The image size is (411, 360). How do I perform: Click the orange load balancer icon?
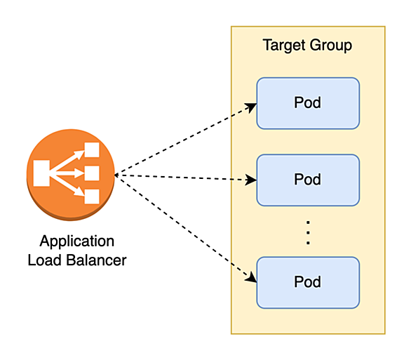tap(71, 175)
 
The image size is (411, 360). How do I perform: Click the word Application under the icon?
tap(77, 241)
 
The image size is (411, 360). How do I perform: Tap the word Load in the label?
tap(44, 260)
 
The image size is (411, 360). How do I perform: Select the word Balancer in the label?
tap(96, 260)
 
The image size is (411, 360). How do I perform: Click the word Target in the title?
tap(284, 46)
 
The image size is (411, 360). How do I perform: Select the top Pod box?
tap(308, 103)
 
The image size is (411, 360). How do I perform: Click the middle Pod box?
tap(308, 180)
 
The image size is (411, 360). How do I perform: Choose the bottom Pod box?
tap(308, 283)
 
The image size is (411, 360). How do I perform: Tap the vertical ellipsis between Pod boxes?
tap(308, 233)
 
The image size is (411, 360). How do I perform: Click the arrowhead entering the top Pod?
tap(251, 107)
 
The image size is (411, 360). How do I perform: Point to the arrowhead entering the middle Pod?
tap(251, 180)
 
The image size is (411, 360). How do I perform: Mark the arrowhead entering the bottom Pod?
tap(251, 277)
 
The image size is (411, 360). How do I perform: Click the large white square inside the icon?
tap(41, 173)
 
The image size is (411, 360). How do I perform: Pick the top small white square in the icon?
tap(92, 149)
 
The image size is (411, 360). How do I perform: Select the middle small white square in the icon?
tap(92, 173)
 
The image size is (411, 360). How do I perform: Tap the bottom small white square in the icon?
tap(92, 196)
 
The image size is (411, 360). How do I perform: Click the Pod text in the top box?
tap(307, 102)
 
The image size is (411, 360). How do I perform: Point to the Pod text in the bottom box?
tap(307, 282)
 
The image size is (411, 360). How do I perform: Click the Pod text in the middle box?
tap(307, 180)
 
